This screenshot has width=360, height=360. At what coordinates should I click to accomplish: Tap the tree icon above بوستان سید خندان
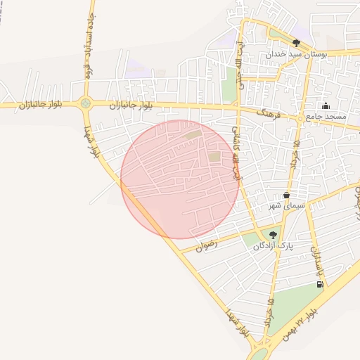point(296,44)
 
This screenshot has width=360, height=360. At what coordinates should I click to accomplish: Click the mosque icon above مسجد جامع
point(326,106)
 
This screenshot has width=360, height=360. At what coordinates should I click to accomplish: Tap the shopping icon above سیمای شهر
point(286,195)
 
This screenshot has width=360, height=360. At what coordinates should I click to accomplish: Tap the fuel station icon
point(321,284)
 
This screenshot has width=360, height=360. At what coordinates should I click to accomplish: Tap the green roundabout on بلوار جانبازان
point(86,104)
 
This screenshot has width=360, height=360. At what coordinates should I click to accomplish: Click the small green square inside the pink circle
point(214,157)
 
